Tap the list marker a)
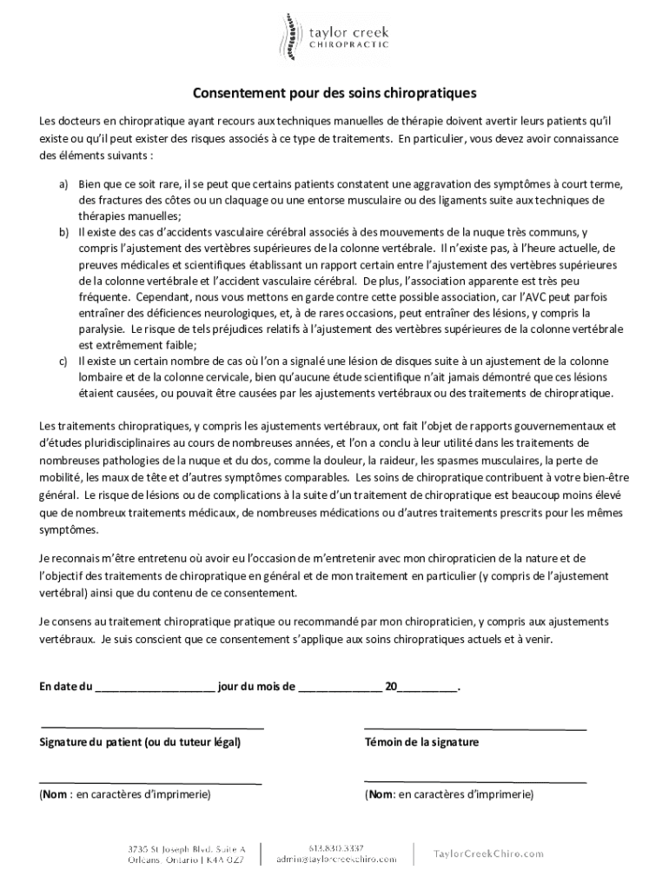(64, 185)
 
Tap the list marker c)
(64, 361)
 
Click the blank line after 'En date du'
(155, 687)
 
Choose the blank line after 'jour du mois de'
(340, 687)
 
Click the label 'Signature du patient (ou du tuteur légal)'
(141, 742)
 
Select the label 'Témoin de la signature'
(421, 742)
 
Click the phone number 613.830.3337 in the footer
(335, 847)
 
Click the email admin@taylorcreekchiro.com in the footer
(335, 859)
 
